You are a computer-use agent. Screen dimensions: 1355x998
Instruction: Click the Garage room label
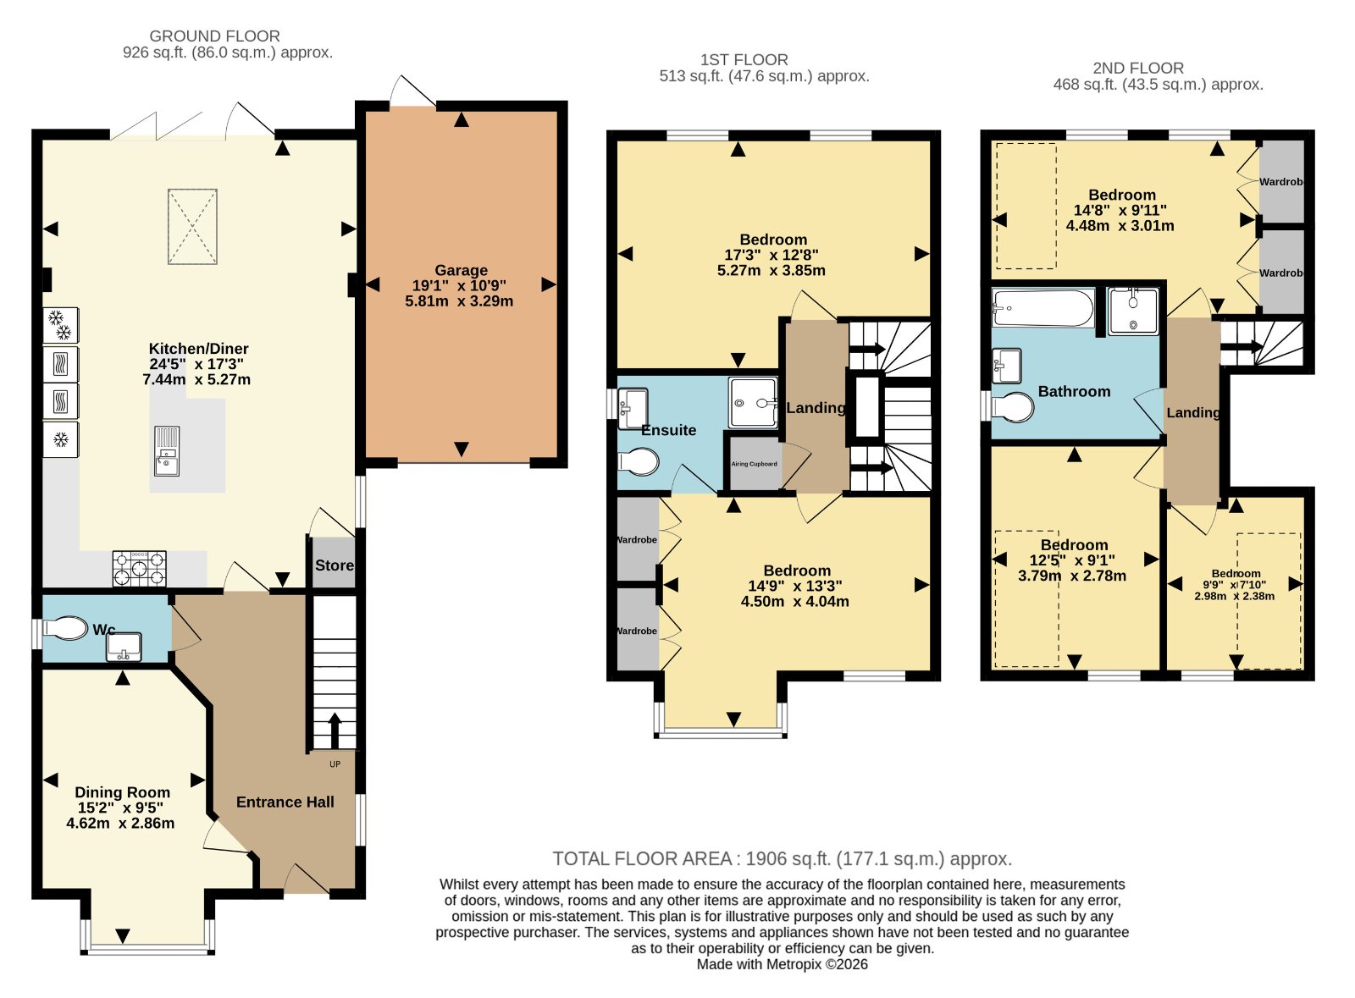(461, 270)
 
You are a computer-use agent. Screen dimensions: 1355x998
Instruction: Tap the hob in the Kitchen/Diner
(139, 569)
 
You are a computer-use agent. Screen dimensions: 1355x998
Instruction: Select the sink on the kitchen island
(167, 451)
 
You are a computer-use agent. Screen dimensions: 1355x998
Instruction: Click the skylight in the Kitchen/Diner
(192, 227)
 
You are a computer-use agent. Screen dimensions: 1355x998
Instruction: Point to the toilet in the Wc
(65, 628)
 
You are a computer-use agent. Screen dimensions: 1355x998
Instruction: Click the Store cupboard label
(334, 565)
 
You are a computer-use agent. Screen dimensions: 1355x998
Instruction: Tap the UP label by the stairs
(335, 764)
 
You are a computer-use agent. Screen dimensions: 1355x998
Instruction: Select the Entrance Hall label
(285, 802)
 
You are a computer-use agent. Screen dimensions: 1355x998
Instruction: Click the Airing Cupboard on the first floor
(755, 464)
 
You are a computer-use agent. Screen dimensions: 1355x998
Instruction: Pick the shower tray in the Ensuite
(753, 403)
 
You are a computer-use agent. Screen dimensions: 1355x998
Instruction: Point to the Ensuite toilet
(639, 462)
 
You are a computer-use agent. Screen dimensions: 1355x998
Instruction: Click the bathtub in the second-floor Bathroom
(1043, 308)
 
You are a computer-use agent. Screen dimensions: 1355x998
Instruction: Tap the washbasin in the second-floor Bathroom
(1007, 366)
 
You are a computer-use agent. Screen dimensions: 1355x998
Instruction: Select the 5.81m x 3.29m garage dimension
(459, 301)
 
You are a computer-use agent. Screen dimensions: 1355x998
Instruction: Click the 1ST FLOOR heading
(744, 60)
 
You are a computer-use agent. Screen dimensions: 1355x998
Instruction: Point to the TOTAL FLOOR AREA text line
(783, 859)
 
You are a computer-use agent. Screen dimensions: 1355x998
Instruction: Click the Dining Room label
(122, 792)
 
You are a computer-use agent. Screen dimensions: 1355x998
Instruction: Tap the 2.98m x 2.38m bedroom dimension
(1234, 596)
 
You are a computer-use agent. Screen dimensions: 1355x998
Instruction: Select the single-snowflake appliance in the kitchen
(60, 439)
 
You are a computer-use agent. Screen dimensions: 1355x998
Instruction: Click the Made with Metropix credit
(783, 964)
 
